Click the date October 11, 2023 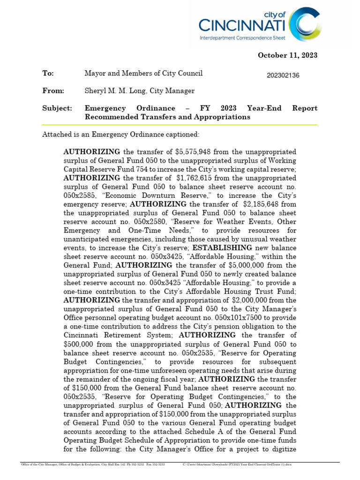click(x=287, y=55)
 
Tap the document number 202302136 click(x=283, y=75)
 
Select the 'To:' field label click(x=48, y=74)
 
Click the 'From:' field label click(x=53, y=91)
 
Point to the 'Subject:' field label click(x=57, y=108)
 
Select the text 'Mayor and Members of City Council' click(x=143, y=74)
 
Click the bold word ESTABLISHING click(x=217, y=248)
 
